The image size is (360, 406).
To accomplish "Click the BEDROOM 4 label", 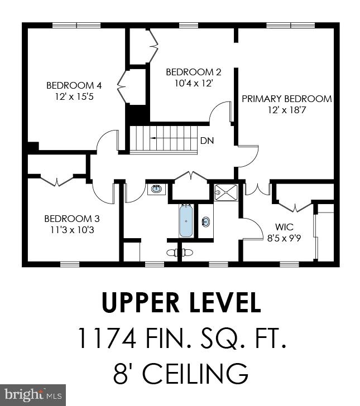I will coord(74,85).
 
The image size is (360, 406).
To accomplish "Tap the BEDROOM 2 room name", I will coord(194,72).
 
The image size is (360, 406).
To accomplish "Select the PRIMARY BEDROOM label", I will coord(286,99).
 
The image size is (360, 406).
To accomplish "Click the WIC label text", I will coord(285,228).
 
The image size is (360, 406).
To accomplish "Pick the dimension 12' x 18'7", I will coord(286,110).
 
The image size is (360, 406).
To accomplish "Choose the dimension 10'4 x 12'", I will coord(194,83).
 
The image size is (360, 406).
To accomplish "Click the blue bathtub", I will coord(186,221).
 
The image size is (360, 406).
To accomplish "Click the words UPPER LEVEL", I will coord(181,303).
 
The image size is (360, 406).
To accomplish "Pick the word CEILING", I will coord(194,372).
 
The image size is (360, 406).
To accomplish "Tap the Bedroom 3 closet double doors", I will coord(58,181).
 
